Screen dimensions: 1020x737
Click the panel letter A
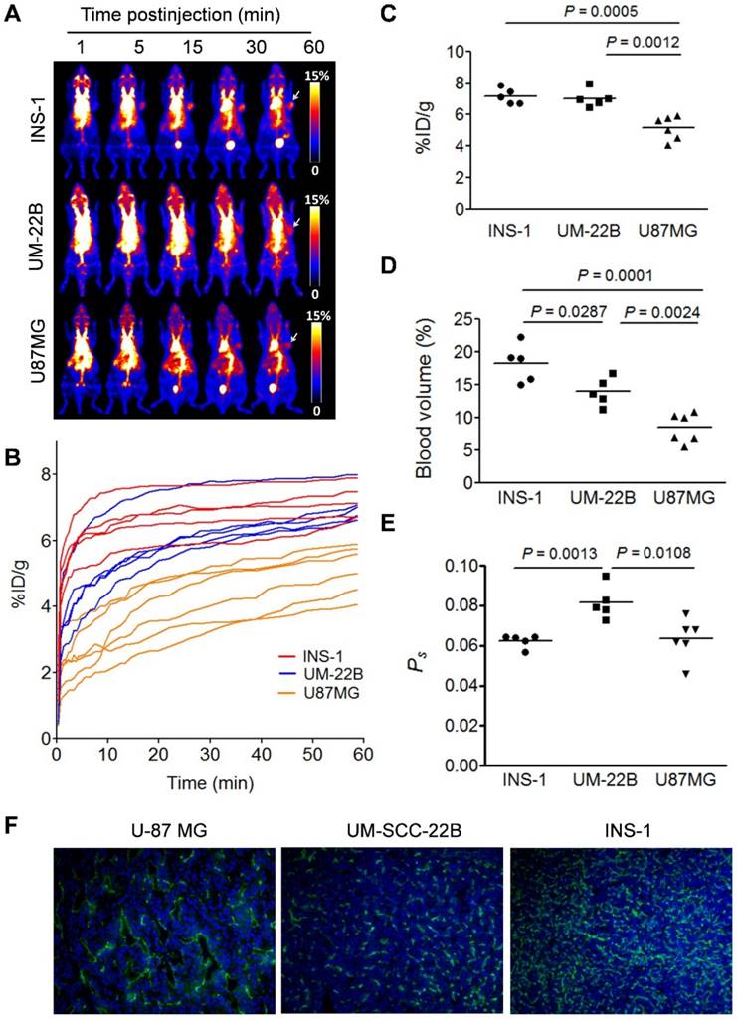coord(14,15)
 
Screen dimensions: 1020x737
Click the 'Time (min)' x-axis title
coord(206,783)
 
